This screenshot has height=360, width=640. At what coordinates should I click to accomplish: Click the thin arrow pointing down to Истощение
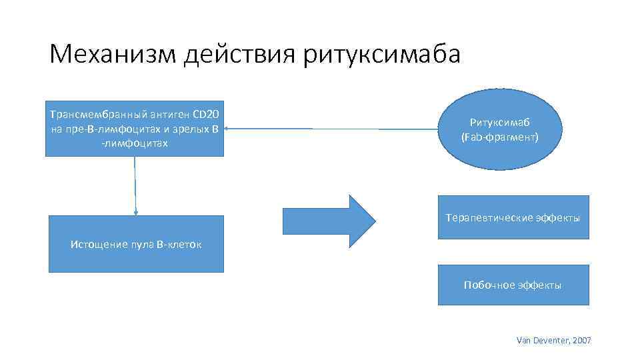135,186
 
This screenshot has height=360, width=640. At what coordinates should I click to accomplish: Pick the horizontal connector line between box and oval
333,129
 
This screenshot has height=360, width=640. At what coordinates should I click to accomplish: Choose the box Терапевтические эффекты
513,217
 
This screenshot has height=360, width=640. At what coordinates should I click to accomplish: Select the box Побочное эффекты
513,285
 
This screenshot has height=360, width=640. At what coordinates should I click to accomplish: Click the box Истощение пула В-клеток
136,244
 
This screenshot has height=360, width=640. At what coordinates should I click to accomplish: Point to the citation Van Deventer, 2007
553,341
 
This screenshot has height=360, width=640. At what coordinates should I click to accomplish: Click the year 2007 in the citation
581,341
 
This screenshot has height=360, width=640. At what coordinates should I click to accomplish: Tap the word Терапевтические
488,218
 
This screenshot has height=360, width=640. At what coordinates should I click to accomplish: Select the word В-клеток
179,244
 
